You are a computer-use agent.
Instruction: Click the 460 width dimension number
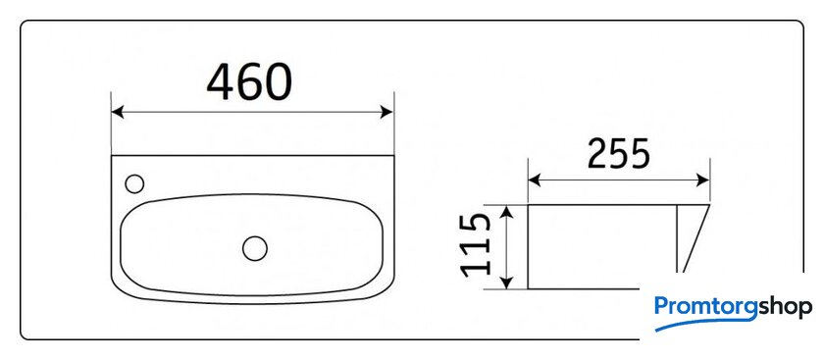249,82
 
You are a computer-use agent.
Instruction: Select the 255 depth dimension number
619,154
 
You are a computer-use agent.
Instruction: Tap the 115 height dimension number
476,245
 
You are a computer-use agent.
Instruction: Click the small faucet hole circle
134,184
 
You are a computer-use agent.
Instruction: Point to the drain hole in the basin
255,248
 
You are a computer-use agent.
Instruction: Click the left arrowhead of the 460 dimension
118,112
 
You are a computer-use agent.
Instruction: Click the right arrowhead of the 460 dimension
386,112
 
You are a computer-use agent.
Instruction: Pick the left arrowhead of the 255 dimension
535,180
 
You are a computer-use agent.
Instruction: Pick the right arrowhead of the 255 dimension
703,180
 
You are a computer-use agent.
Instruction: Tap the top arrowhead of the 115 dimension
505,211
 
